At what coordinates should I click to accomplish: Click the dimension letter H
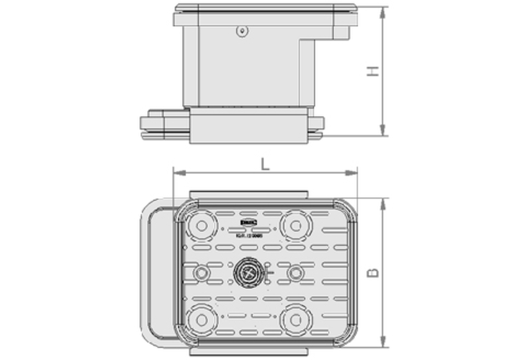pyautogui.click(x=373, y=71)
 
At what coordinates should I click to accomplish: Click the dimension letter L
pyautogui.click(x=265, y=164)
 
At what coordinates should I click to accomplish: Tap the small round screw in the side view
pyautogui.click(x=240, y=31)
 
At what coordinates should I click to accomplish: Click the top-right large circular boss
pyautogui.click(x=293, y=223)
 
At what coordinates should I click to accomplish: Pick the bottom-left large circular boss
pyautogui.click(x=201, y=320)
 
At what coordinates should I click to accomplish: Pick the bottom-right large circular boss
pyautogui.click(x=293, y=320)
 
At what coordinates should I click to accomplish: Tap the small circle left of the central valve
pyautogui.click(x=201, y=272)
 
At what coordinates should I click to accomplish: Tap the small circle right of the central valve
pyautogui.click(x=294, y=272)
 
